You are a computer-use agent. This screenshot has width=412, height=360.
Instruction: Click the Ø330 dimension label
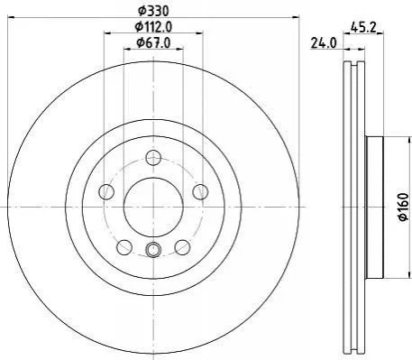coord(153,11)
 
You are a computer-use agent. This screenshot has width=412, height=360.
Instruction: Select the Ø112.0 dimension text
coord(153,27)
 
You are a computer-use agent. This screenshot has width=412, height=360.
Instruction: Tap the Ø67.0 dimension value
coord(153,43)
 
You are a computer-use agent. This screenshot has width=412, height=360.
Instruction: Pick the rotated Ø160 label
coord(404,207)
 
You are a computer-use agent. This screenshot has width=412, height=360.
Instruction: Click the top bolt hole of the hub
coord(153,158)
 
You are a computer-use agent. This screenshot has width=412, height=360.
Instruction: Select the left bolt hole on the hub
coord(106,191)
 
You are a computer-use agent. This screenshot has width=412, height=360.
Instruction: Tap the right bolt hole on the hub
coord(200,191)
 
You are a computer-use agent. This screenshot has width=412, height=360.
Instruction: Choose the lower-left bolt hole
coord(124,247)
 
